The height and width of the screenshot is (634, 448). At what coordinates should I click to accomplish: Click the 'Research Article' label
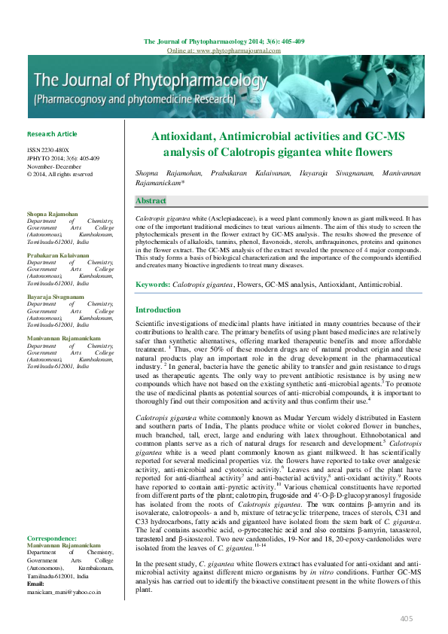point(52,134)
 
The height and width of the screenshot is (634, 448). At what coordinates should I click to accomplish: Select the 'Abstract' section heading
point(151,201)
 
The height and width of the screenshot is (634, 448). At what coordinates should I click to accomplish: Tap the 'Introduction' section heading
point(157,310)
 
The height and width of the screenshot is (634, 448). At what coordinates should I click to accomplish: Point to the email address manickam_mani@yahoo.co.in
point(64,592)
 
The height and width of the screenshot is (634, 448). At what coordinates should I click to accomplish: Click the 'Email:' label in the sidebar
point(36,584)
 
